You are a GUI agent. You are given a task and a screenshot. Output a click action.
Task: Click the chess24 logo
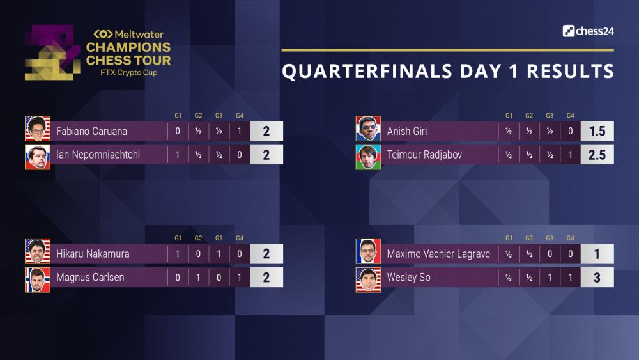(x=588, y=31)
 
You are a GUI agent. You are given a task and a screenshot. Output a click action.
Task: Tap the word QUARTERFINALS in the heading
(x=367, y=71)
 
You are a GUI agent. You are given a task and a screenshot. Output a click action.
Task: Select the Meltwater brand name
(x=128, y=35)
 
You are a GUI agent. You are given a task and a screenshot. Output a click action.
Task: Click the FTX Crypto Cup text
(x=129, y=72)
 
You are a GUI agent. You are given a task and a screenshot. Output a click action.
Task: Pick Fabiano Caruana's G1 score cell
(x=178, y=131)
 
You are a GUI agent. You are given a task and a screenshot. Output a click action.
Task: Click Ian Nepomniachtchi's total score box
(x=266, y=155)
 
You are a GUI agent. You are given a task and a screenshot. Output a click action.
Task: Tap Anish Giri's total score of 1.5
(x=597, y=131)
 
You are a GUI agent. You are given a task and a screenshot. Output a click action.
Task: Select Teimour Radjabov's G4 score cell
(x=570, y=155)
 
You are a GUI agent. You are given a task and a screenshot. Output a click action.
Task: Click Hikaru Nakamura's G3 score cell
(x=219, y=254)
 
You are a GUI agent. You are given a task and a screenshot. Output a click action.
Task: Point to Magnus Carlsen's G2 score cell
(x=198, y=278)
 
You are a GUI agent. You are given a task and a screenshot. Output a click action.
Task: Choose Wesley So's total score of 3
(x=597, y=278)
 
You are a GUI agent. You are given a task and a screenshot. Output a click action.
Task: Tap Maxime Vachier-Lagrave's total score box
(x=597, y=254)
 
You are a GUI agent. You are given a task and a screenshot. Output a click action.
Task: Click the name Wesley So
(x=409, y=278)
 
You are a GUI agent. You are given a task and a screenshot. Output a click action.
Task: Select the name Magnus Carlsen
(x=90, y=278)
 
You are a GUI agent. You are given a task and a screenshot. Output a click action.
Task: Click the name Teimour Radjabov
(x=425, y=155)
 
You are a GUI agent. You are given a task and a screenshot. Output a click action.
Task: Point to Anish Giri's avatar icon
(x=368, y=129)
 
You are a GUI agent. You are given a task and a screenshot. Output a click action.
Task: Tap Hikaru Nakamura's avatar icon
(x=38, y=251)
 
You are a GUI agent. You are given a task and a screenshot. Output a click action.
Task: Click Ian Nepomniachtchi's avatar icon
(x=38, y=157)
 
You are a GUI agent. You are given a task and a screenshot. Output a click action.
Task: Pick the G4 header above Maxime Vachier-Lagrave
(x=570, y=238)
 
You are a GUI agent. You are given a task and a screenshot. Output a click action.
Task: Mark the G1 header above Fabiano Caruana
(x=178, y=116)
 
